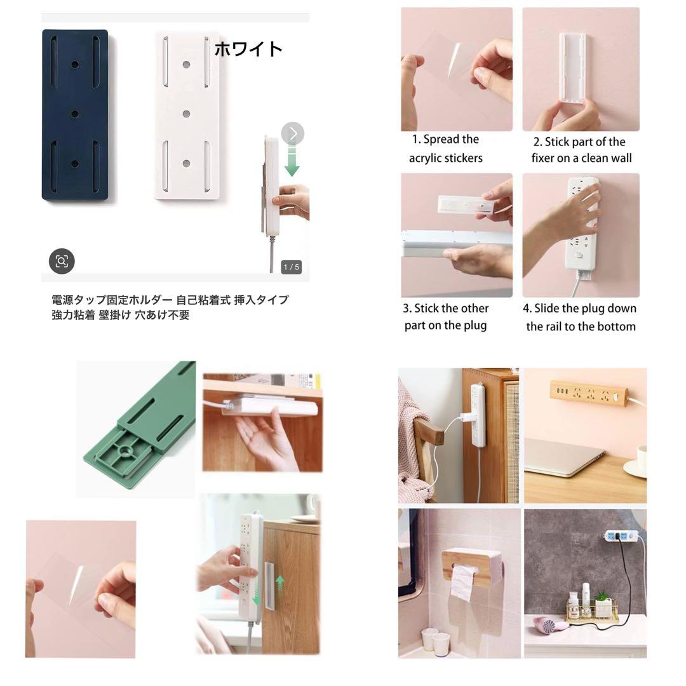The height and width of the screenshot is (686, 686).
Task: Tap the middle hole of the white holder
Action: click(x=186, y=114)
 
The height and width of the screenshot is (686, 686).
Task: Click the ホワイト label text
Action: click(x=248, y=49)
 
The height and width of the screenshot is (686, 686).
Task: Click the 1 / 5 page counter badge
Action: click(x=291, y=267)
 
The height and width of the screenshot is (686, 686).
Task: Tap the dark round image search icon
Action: click(x=62, y=261)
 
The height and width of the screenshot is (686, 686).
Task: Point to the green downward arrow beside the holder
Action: click(x=292, y=161)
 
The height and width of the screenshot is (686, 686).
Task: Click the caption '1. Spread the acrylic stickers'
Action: click(x=445, y=149)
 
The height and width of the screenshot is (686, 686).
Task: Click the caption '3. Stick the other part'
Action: click(x=445, y=317)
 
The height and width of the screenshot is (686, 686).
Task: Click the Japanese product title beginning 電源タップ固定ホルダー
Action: click(x=170, y=307)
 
